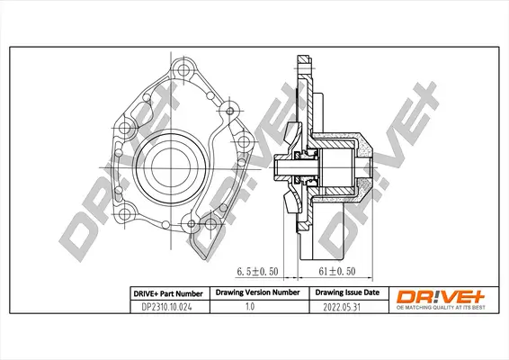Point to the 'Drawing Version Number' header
(x=254, y=292)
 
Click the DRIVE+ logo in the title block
(x=434, y=294)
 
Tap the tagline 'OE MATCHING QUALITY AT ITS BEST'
(x=435, y=307)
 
